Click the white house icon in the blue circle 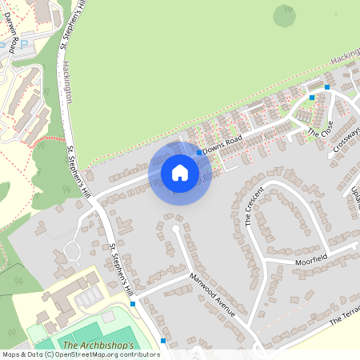tap(180, 172)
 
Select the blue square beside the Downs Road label tap(199, 152)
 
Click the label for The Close tap(319, 128)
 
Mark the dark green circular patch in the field tap(284, 14)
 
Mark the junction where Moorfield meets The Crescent tap(263, 261)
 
